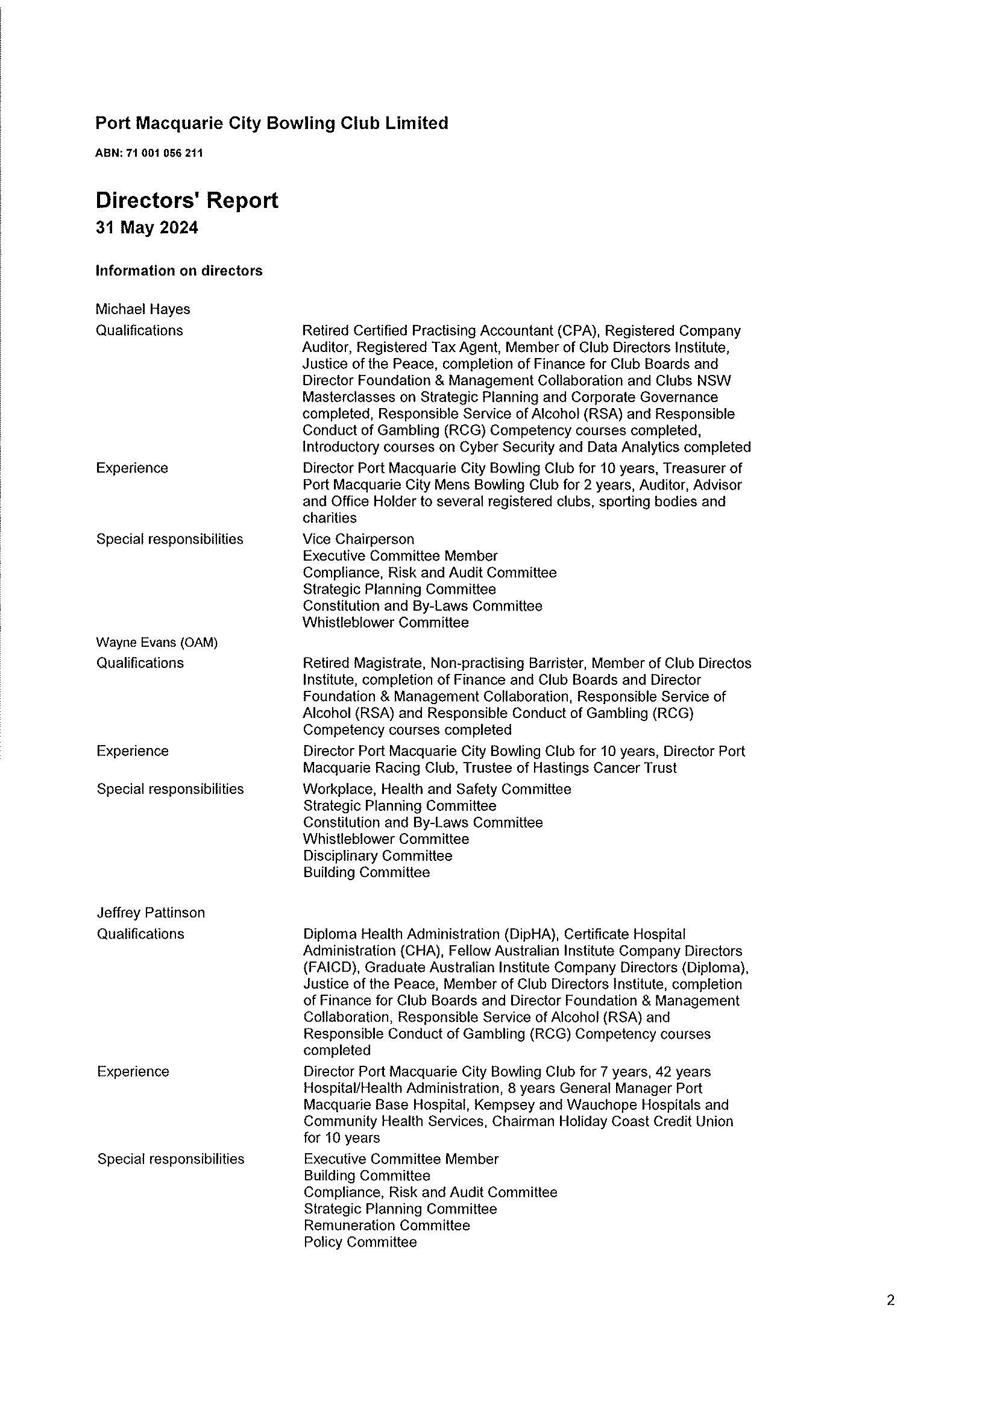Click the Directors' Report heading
[x=186, y=201]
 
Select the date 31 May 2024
[x=146, y=228]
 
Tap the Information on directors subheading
[x=178, y=271]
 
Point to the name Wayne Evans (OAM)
[x=157, y=643]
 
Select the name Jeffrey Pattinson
[x=151, y=913]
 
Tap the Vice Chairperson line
[x=358, y=540]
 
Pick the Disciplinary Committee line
[x=377, y=856]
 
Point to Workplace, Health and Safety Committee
[x=437, y=790]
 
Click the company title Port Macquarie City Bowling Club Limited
[x=271, y=124]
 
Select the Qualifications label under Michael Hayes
[x=140, y=331]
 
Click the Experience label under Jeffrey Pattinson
[x=133, y=1071]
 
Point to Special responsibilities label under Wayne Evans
[x=170, y=790]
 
